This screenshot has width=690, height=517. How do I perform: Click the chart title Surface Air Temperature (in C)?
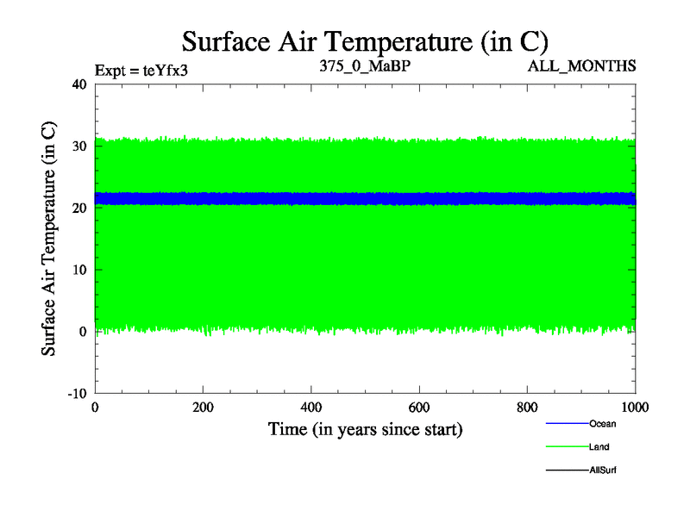[x=365, y=40]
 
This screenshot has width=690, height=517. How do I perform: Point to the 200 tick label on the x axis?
[x=203, y=408]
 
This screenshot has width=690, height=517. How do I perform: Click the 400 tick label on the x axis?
[x=311, y=408]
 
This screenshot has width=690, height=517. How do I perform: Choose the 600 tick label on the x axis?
[x=419, y=408]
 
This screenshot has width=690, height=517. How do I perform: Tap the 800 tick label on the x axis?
[x=528, y=408]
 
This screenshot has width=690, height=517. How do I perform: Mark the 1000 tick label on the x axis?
[x=634, y=408]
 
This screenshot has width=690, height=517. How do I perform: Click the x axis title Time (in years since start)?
[x=365, y=429]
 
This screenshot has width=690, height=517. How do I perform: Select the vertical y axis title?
[x=50, y=239]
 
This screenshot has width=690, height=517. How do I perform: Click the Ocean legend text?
[x=602, y=424]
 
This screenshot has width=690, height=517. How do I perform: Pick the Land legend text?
[x=600, y=447]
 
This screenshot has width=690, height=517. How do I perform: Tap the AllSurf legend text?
[x=603, y=470]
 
